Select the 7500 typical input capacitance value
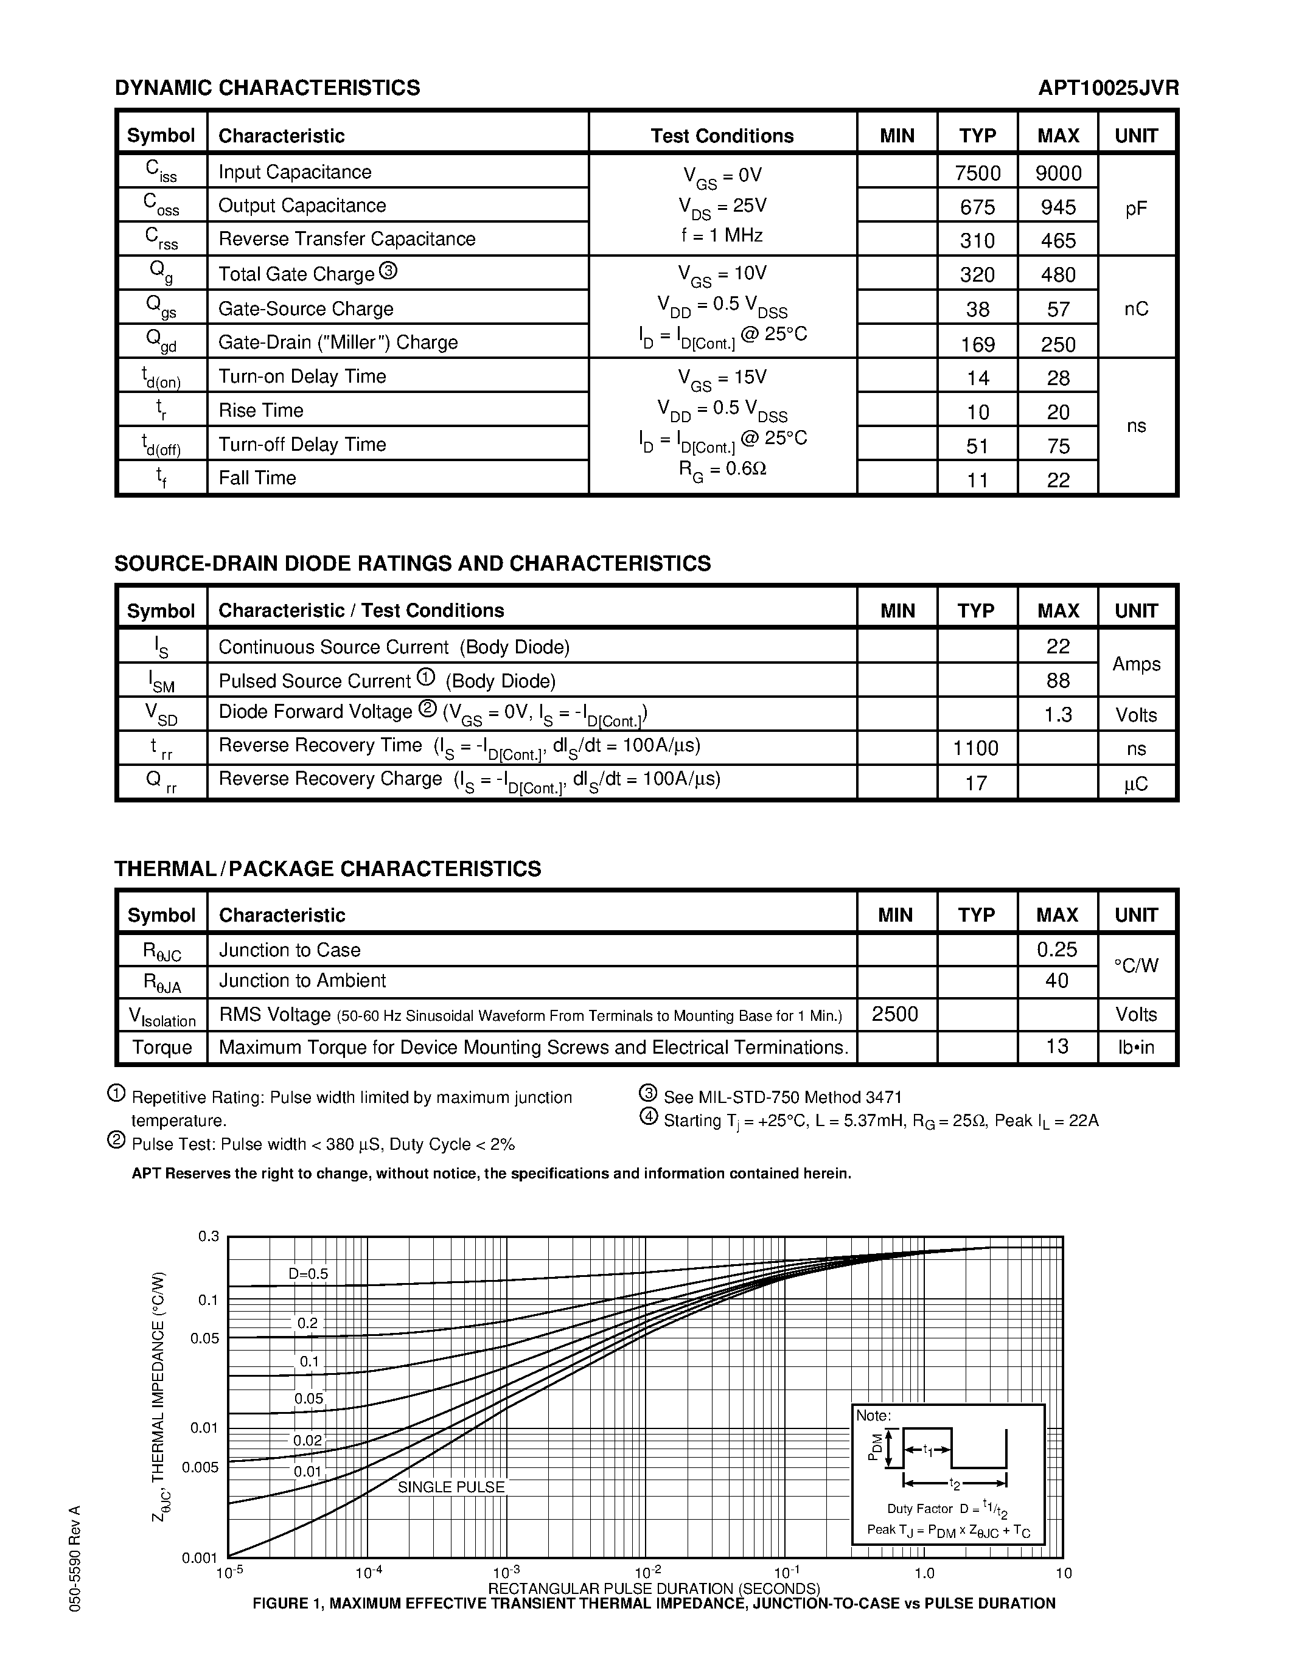click(x=977, y=173)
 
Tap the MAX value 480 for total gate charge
click(x=1058, y=275)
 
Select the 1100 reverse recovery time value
click(x=976, y=748)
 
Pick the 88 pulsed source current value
click(x=1058, y=680)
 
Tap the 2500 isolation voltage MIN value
click(x=894, y=1014)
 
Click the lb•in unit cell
click(x=1136, y=1047)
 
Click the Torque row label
click(x=162, y=1047)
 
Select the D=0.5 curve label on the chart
click(x=308, y=1274)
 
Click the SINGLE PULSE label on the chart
click(x=451, y=1487)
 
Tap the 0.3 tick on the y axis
click(x=208, y=1236)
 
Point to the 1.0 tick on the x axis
click(x=924, y=1573)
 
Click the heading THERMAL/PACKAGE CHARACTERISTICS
click(x=328, y=869)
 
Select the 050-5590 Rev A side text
click(x=74, y=1558)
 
